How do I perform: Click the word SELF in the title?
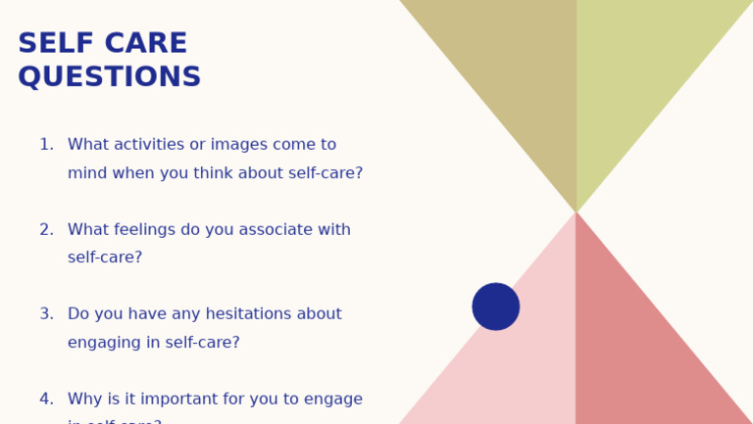[53, 44]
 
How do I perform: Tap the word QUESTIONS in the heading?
[109, 77]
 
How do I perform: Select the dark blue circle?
[496, 306]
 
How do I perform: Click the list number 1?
[45, 145]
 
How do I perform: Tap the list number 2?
[45, 230]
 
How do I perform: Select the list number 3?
[45, 314]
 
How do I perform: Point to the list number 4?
[45, 400]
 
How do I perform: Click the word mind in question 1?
[85, 173]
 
